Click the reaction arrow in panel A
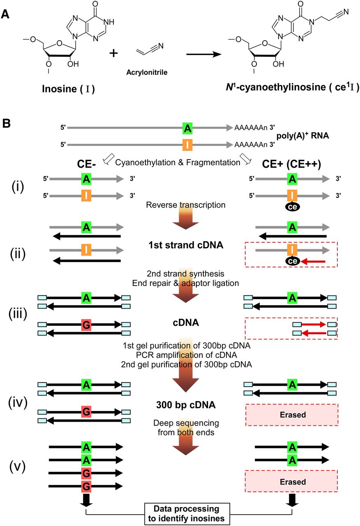tap(205, 54)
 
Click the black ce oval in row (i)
tap(292, 208)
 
